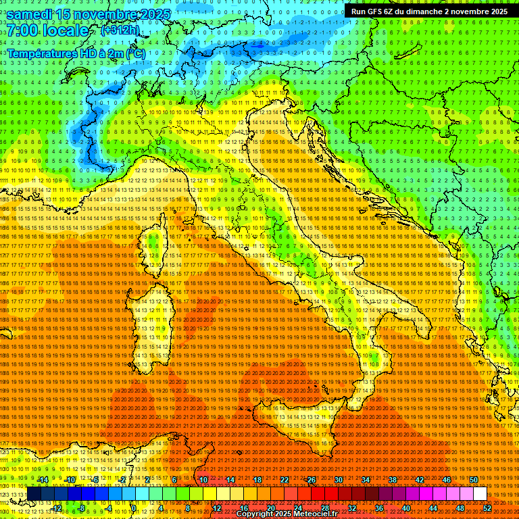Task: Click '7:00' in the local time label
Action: click(x=23, y=31)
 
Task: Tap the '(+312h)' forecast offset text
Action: click(x=120, y=30)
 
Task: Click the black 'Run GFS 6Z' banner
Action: click(x=429, y=11)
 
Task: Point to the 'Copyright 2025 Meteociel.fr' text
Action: click(x=287, y=514)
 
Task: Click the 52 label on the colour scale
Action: click(x=487, y=508)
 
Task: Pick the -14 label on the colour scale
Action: click(x=43, y=480)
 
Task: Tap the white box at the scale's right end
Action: click(x=480, y=494)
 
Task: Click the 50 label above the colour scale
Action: click(x=473, y=480)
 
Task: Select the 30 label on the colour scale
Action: click(x=338, y=480)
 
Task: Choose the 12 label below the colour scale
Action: click(x=216, y=508)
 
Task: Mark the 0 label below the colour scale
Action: click(x=134, y=508)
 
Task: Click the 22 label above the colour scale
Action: click(x=284, y=480)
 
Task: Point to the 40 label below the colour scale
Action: click(x=405, y=508)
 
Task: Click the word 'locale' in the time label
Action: click(x=64, y=31)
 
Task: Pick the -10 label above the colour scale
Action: click(x=70, y=480)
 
